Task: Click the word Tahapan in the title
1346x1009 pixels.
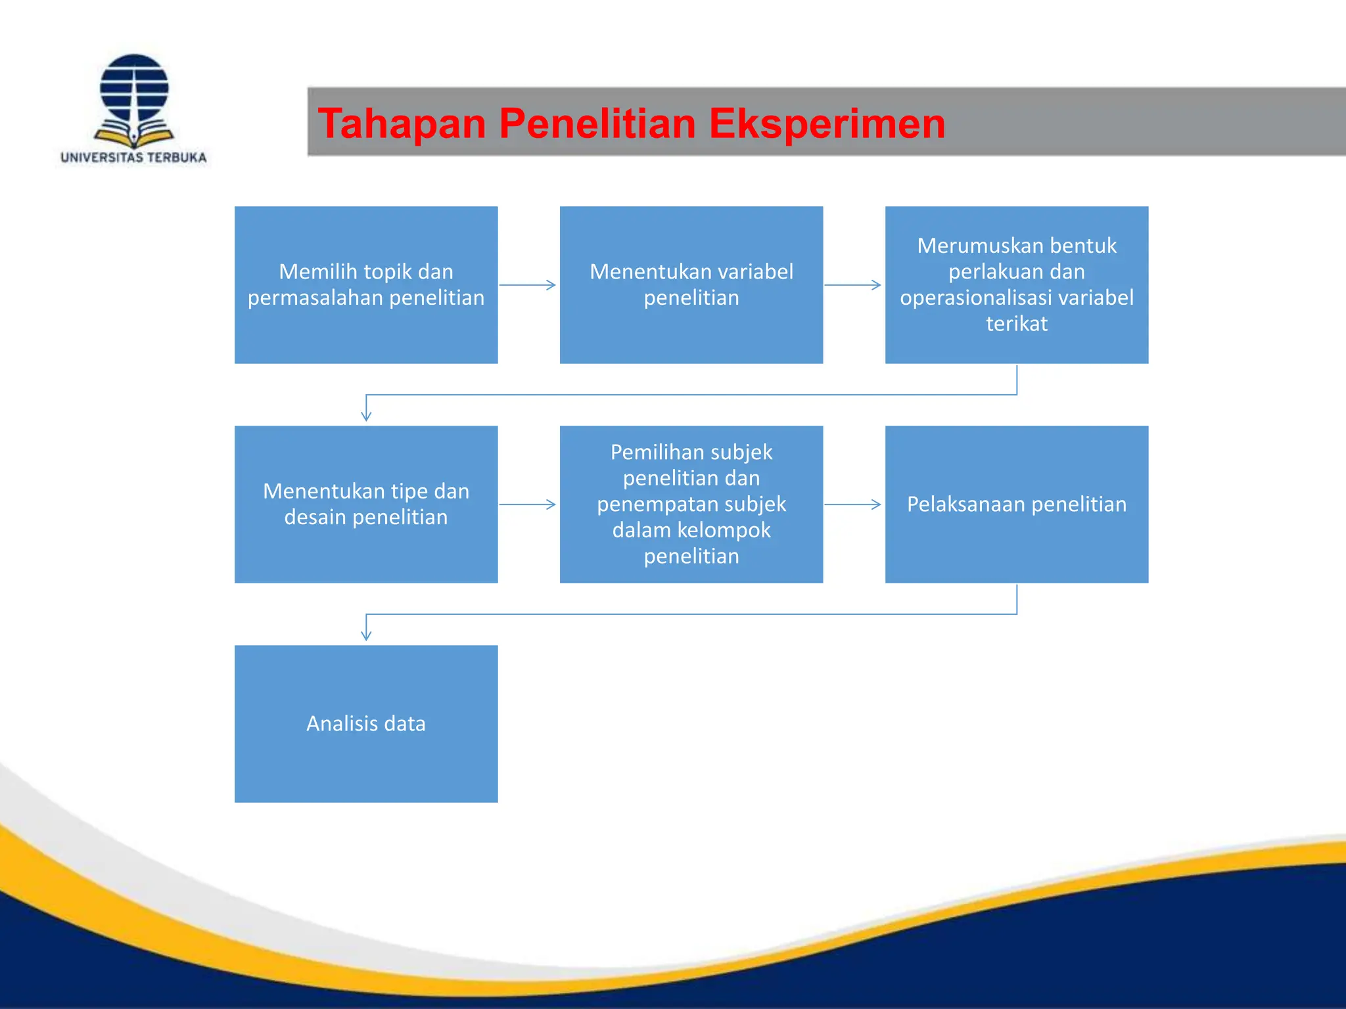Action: tap(401, 123)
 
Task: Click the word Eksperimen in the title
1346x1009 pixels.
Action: tap(827, 123)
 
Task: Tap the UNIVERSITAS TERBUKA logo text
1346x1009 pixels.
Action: tap(133, 158)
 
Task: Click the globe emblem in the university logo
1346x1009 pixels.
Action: tap(134, 88)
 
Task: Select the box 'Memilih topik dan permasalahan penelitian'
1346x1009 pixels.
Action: tap(366, 285)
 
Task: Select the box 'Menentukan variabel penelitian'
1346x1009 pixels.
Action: tap(691, 285)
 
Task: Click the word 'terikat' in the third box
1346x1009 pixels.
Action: tap(1016, 324)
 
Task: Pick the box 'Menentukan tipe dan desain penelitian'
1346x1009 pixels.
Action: tap(366, 504)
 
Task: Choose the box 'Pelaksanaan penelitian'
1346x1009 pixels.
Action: tap(1016, 504)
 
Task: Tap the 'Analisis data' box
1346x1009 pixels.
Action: tap(366, 723)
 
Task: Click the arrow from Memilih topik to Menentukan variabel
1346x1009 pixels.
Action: tap(528, 285)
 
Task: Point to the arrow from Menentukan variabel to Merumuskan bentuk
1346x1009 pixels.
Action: tap(853, 285)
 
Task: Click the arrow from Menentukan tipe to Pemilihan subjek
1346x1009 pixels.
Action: tap(528, 504)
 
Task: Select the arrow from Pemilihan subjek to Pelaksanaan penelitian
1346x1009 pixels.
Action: tap(853, 504)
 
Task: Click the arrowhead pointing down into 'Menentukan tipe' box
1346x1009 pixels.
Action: tap(366, 416)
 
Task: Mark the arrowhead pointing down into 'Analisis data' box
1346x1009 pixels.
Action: tap(366, 635)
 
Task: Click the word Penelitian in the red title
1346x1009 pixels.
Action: tap(597, 123)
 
